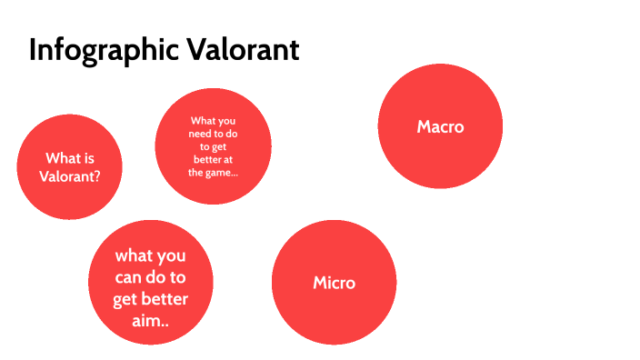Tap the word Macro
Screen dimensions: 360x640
click(440, 126)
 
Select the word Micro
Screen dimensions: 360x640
click(334, 283)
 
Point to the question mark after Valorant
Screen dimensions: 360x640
click(96, 175)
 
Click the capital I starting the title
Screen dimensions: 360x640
click(33, 50)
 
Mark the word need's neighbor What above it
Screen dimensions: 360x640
click(201, 120)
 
